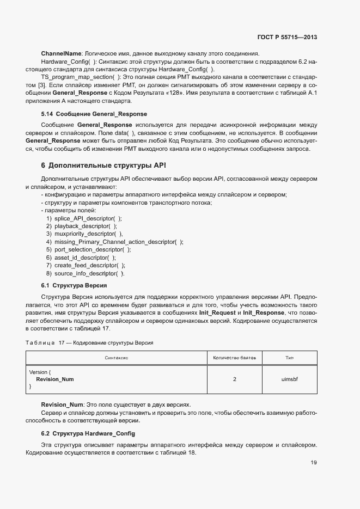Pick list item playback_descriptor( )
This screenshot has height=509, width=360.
coord(86,226)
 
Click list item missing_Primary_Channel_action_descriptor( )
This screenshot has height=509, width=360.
coord(119,242)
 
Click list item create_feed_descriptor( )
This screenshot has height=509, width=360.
coord(90,265)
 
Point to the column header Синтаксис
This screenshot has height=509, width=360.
coord(116,358)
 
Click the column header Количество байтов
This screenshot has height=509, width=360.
coord(234,358)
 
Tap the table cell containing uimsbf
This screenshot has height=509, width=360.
coord(289,379)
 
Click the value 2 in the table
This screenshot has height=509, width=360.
coord(234,379)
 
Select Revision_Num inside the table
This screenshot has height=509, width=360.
coord(55,379)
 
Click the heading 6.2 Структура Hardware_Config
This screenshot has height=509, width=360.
coord(88,433)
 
